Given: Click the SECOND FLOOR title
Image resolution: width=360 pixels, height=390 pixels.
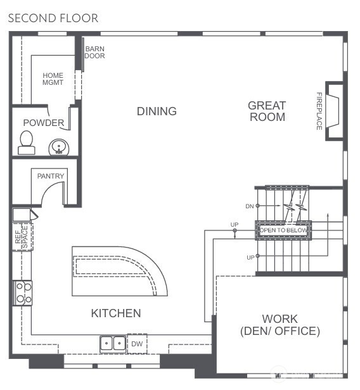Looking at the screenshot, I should pyautogui.click(x=53, y=18).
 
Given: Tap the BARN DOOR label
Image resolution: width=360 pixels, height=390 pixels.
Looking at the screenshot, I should pyautogui.click(x=95, y=52).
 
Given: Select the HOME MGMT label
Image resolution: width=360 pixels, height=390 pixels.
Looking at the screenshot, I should pyautogui.click(x=53, y=79).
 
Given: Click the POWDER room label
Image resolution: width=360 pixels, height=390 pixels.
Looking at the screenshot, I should pyautogui.click(x=43, y=122).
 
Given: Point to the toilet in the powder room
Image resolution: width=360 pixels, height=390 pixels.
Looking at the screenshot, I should pyautogui.click(x=27, y=142).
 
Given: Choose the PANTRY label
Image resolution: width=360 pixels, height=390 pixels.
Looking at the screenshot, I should pyautogui.click(x=51, y=175).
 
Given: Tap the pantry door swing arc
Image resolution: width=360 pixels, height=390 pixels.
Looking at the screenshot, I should pyautogui.click(x=54, y=192).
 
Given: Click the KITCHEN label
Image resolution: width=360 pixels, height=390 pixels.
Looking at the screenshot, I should pyautogui.click(x=115, y=313).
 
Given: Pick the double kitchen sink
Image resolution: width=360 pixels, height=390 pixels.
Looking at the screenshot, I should pyautogui.click(x=113, y=343).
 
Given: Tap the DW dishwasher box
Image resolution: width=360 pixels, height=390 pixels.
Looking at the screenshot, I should pyautogui.click(x=136, y=343).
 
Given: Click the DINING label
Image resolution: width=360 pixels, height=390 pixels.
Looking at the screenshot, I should pyautogui.click(x=157, y=111).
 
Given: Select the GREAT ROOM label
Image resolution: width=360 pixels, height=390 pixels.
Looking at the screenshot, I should pyautogui.click(x=266, y=111).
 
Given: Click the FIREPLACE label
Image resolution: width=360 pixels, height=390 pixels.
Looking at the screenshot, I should pyautogui.click(x=319, y=111).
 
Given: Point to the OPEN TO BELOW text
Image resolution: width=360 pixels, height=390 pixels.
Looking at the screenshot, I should pyautogui.click(x=283, y=230).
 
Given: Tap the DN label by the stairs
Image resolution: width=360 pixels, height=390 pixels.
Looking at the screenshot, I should pyautogui.click(x=249, y=206).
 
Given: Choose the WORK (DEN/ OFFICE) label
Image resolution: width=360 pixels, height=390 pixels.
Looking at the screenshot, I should pyautogui.click(x=280, y=325).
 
